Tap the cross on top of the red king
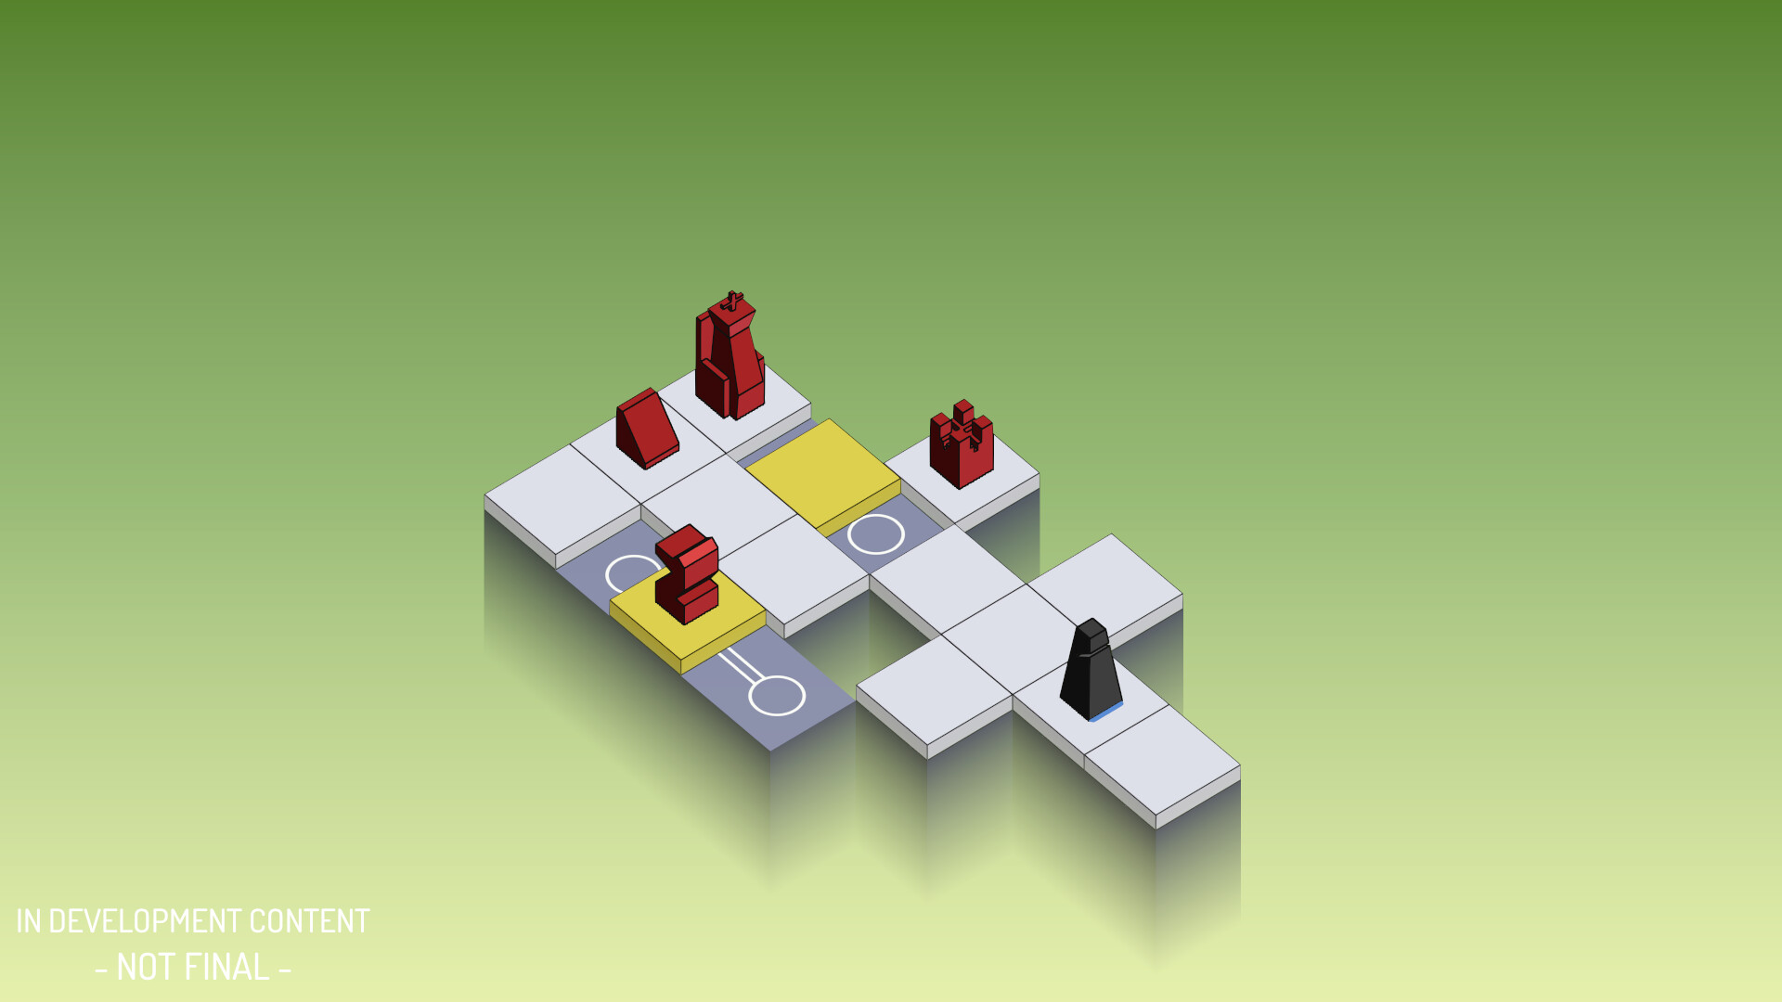point(733,301)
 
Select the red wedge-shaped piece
point(647,429)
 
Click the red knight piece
point(687,573)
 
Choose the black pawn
point(1091,669)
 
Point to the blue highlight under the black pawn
point(1106,713)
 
